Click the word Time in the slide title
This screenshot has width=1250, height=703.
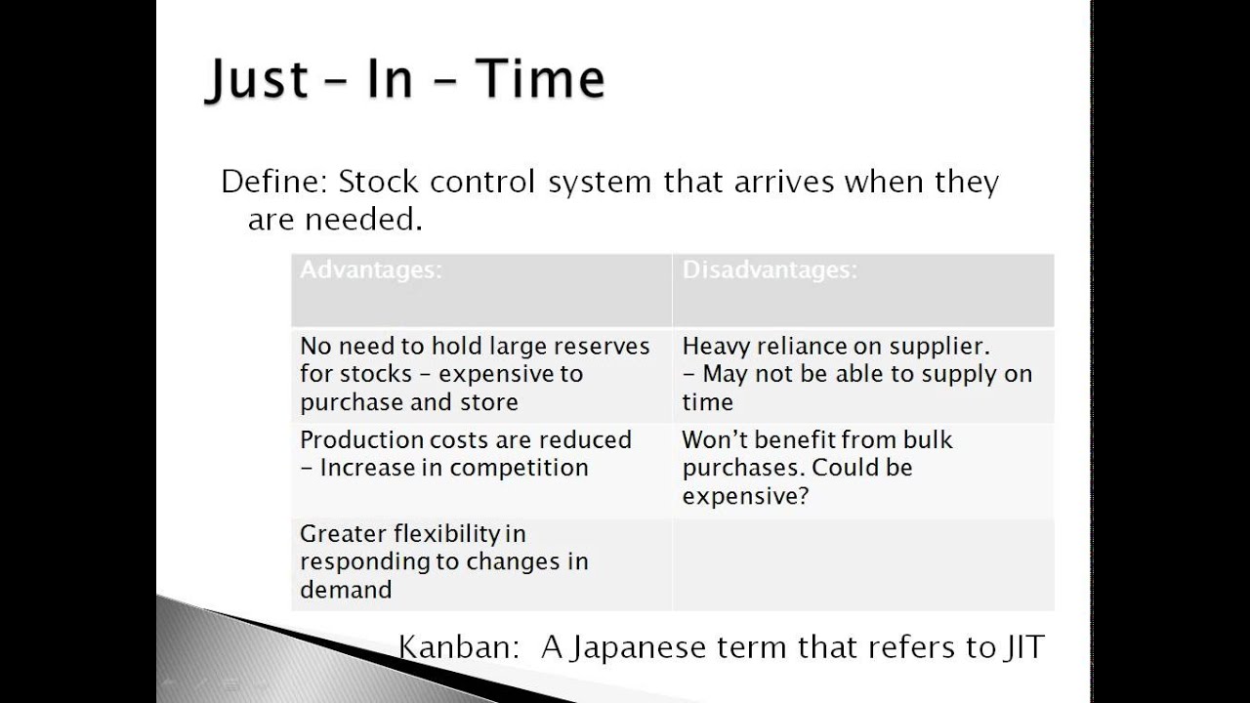click(540, 78)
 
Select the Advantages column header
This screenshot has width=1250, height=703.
click(371, 270)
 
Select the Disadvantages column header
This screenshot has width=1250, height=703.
click(770, 270)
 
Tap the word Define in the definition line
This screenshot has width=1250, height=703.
click(273, 182)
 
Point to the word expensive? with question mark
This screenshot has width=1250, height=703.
click(746, 496)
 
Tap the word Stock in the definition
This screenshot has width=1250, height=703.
click(380, 182)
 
